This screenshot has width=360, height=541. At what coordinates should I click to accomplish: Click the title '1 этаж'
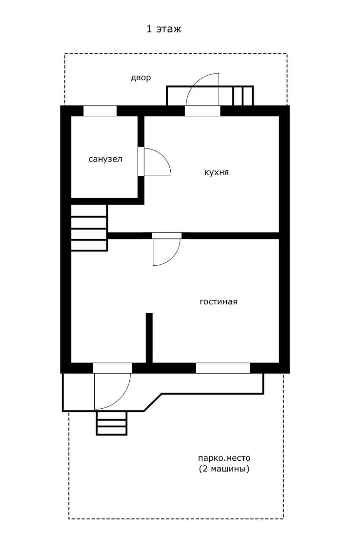coord(164,29)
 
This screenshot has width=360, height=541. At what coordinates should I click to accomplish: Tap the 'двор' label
coord(141,78)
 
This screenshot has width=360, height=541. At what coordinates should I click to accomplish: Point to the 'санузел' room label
coord(105,159)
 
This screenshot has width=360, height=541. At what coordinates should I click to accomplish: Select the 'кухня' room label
coord(216,172)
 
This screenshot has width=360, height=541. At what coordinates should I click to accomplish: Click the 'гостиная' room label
coord(218,302)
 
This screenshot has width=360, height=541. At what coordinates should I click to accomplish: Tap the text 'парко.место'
coord(224,458)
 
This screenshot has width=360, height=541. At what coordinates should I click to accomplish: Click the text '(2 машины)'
coord(224,469)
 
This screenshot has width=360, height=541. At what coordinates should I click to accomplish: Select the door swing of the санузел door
coord(158,161)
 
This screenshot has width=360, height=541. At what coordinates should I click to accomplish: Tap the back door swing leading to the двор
coord(202,89)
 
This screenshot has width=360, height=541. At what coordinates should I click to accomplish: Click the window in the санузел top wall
coord(100,111)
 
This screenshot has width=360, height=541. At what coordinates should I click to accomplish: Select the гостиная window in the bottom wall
coord(223,368)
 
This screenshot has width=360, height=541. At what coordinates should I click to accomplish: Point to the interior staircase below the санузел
coord(89,228)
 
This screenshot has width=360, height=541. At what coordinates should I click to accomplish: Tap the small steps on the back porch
coord(243,96)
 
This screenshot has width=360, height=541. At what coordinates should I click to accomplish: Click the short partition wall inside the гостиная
coord(149,338)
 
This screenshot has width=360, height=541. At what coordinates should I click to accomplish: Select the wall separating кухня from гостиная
coord(193,236)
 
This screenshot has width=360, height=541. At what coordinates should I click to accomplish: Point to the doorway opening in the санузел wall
coord(141,161)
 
